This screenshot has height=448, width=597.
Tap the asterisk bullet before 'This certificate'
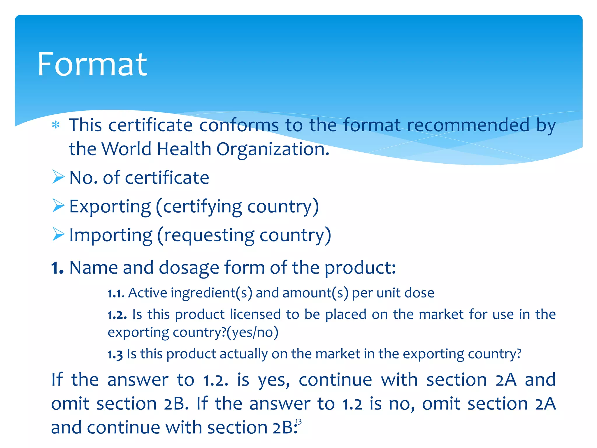(x=56, y=125)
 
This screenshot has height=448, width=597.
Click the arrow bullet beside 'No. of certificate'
(x=58, y=177)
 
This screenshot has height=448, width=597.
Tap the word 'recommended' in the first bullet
(x=468, y=125)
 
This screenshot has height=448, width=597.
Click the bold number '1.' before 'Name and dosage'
(x=57, y=268)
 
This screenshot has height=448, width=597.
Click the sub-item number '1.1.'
(x=116, y=293)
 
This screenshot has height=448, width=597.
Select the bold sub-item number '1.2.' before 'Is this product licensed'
(x=117, y=315)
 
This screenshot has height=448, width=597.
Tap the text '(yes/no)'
(x=252, y=332)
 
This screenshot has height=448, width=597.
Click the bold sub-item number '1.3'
(x=115, y=355)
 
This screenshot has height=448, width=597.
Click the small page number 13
(x=298, y=422)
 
